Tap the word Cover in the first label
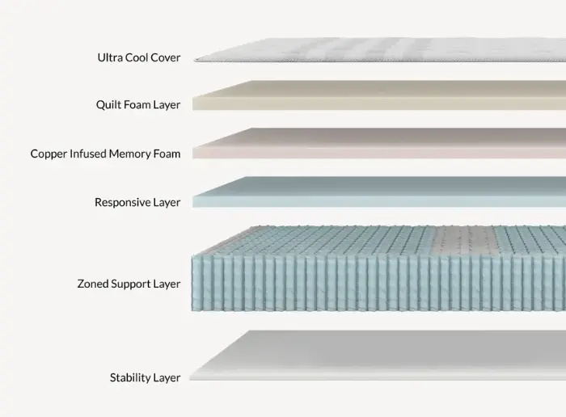click(165, 57)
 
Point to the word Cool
click(137, 57)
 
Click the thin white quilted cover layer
click(380, 50)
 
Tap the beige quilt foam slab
click(379, 95)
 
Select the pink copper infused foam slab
click(379, 143)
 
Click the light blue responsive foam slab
click(379, 192)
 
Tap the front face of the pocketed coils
click(378, 283)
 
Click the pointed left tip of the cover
click(195, 60)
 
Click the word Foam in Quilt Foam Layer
click(132, 104)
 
